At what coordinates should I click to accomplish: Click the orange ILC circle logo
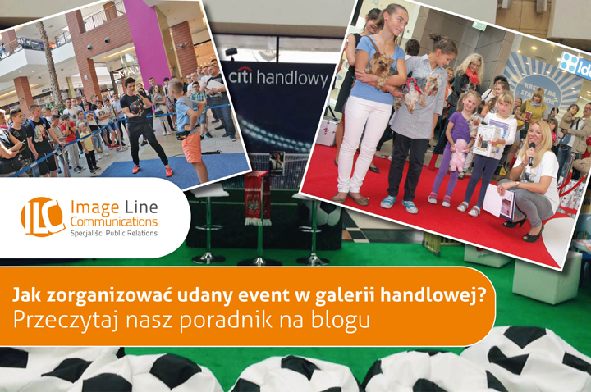[42, 217]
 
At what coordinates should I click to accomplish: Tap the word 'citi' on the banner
[241, 76]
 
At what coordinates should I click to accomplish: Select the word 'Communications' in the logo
[114, 221]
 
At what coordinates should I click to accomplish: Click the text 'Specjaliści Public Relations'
[114, 233]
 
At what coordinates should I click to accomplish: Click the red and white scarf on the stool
[258, 198]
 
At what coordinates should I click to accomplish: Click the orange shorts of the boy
[192, 147]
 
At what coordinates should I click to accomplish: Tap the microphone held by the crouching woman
[531, 153]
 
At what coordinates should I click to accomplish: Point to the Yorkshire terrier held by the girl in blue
[383, 69]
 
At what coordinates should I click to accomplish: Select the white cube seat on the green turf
[542, 276]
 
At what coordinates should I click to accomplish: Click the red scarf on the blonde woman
[471, 76]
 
